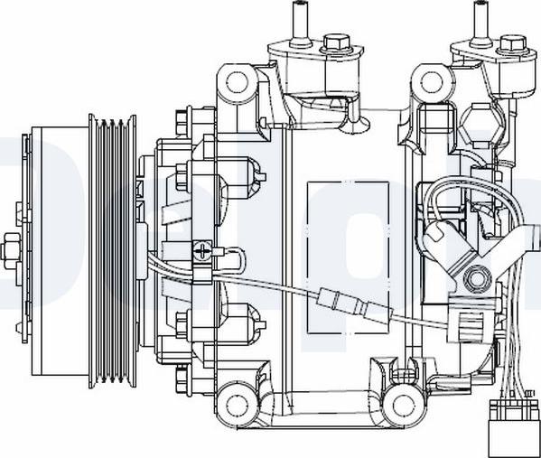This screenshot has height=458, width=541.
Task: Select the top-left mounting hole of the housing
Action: pyautogui.click(x=238, y=83)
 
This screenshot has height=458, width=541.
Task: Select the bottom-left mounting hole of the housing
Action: pyautogui.click(x=238, y=400)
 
